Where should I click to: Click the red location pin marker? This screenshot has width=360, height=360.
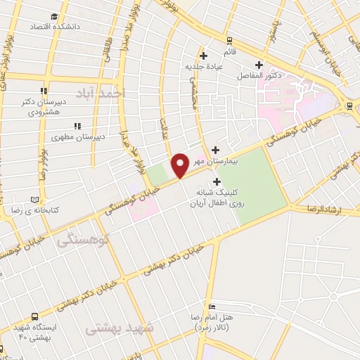point(181,165)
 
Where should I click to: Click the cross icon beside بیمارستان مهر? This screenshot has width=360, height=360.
point(215,149)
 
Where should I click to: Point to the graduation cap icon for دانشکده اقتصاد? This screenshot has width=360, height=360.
point(55,16)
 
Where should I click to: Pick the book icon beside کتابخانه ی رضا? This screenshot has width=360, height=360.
point(34,200)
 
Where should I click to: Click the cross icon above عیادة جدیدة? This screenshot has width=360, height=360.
point(203,55)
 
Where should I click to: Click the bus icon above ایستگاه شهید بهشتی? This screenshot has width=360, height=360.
point(34,317)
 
